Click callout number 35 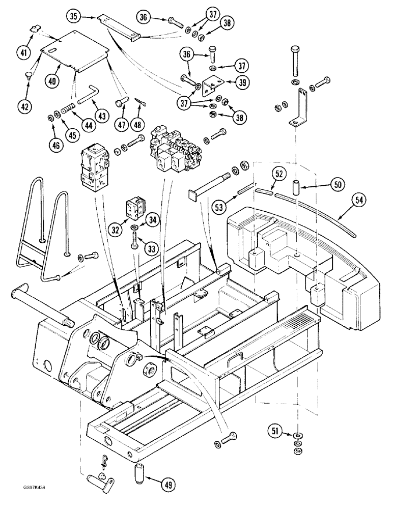pos(74,17)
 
